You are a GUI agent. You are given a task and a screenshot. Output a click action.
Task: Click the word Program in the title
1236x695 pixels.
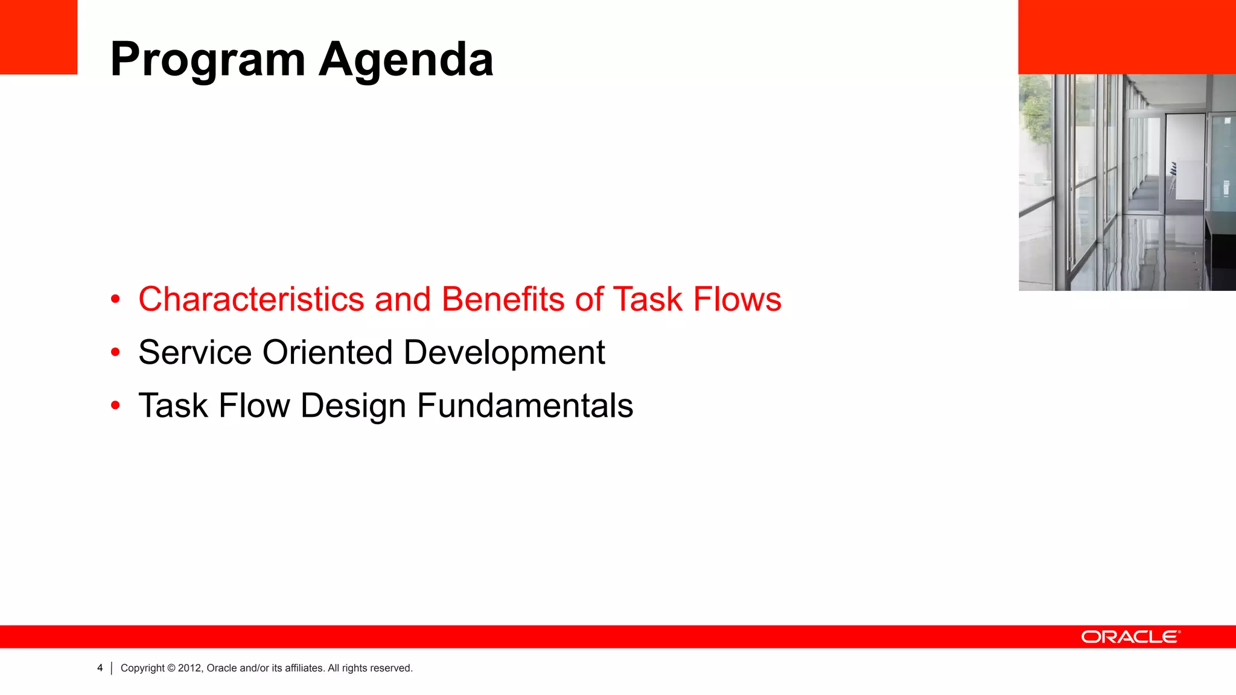pos(208,60)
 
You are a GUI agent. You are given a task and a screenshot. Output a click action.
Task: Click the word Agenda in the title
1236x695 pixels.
pos(406,60)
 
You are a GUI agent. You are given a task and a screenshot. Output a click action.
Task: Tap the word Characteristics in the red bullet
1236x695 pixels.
pos(251,299)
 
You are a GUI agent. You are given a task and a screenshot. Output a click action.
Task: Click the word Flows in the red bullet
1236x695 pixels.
pos(737,299)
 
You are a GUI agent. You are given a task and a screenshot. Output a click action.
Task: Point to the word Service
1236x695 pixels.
pos(195,352)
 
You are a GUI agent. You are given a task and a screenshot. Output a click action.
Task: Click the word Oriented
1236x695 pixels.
pos(328,352)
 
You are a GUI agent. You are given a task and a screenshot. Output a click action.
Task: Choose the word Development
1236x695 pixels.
pos(504,352)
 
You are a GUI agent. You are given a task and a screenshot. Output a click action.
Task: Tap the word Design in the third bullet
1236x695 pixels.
pos(353,405)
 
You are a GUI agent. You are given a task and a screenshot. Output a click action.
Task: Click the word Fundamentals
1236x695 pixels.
pos(525,405)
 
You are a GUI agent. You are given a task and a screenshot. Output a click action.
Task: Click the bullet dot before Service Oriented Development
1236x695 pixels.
pos(115,352)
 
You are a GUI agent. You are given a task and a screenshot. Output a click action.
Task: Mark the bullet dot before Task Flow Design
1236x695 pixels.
pos(115,405)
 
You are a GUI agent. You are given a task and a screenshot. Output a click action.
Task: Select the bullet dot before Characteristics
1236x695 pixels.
pos(115,299)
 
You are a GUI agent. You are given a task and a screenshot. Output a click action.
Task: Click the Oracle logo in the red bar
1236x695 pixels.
pos(1130,637)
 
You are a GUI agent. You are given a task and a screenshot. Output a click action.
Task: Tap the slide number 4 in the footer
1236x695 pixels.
pos(100,668)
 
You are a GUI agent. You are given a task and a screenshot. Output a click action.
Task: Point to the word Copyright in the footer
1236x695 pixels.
pos(142,668)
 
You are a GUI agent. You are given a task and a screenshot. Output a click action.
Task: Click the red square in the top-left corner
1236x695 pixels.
pos(39,37)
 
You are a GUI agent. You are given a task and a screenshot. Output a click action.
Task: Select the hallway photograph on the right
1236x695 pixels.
pos(1127,182)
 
